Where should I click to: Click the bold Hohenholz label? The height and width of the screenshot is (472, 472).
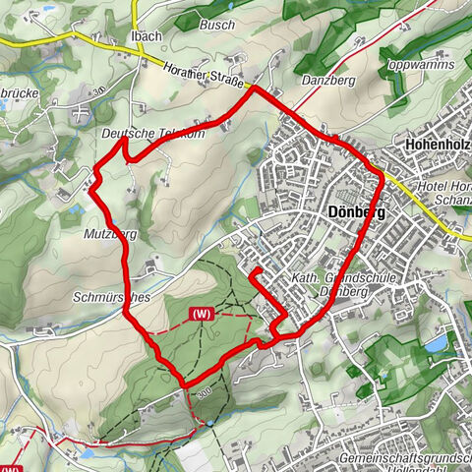[438, 145]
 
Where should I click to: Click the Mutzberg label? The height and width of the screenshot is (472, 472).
[110, 234]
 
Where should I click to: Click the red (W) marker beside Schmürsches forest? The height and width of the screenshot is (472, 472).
[202, 314]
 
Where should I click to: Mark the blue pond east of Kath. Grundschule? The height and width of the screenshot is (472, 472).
[434, 345]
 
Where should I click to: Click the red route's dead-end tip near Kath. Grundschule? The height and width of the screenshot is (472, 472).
[255, 270]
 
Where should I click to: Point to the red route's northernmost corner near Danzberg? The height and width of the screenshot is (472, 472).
[253, 88]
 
